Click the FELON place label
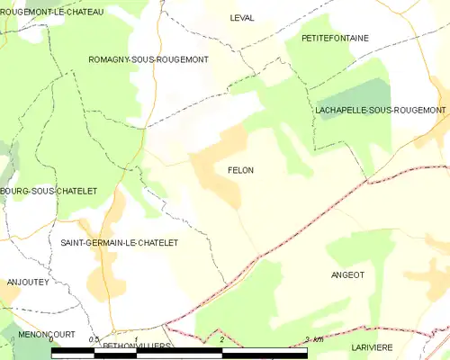coord(240,170)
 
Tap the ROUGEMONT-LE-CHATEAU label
coord(52,12)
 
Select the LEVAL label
coord(241,18)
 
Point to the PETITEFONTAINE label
coord(335,38)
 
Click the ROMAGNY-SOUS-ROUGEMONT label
coord(148,59)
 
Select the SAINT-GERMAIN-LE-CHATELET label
coord(119,243)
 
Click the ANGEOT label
coord(347,274)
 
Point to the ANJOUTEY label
coord(27,282)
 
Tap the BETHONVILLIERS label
coord(137,346)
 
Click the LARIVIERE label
coord(366,345)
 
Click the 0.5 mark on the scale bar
coord(94,339)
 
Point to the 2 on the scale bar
coord(221,339)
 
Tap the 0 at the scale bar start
coord(52,339)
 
